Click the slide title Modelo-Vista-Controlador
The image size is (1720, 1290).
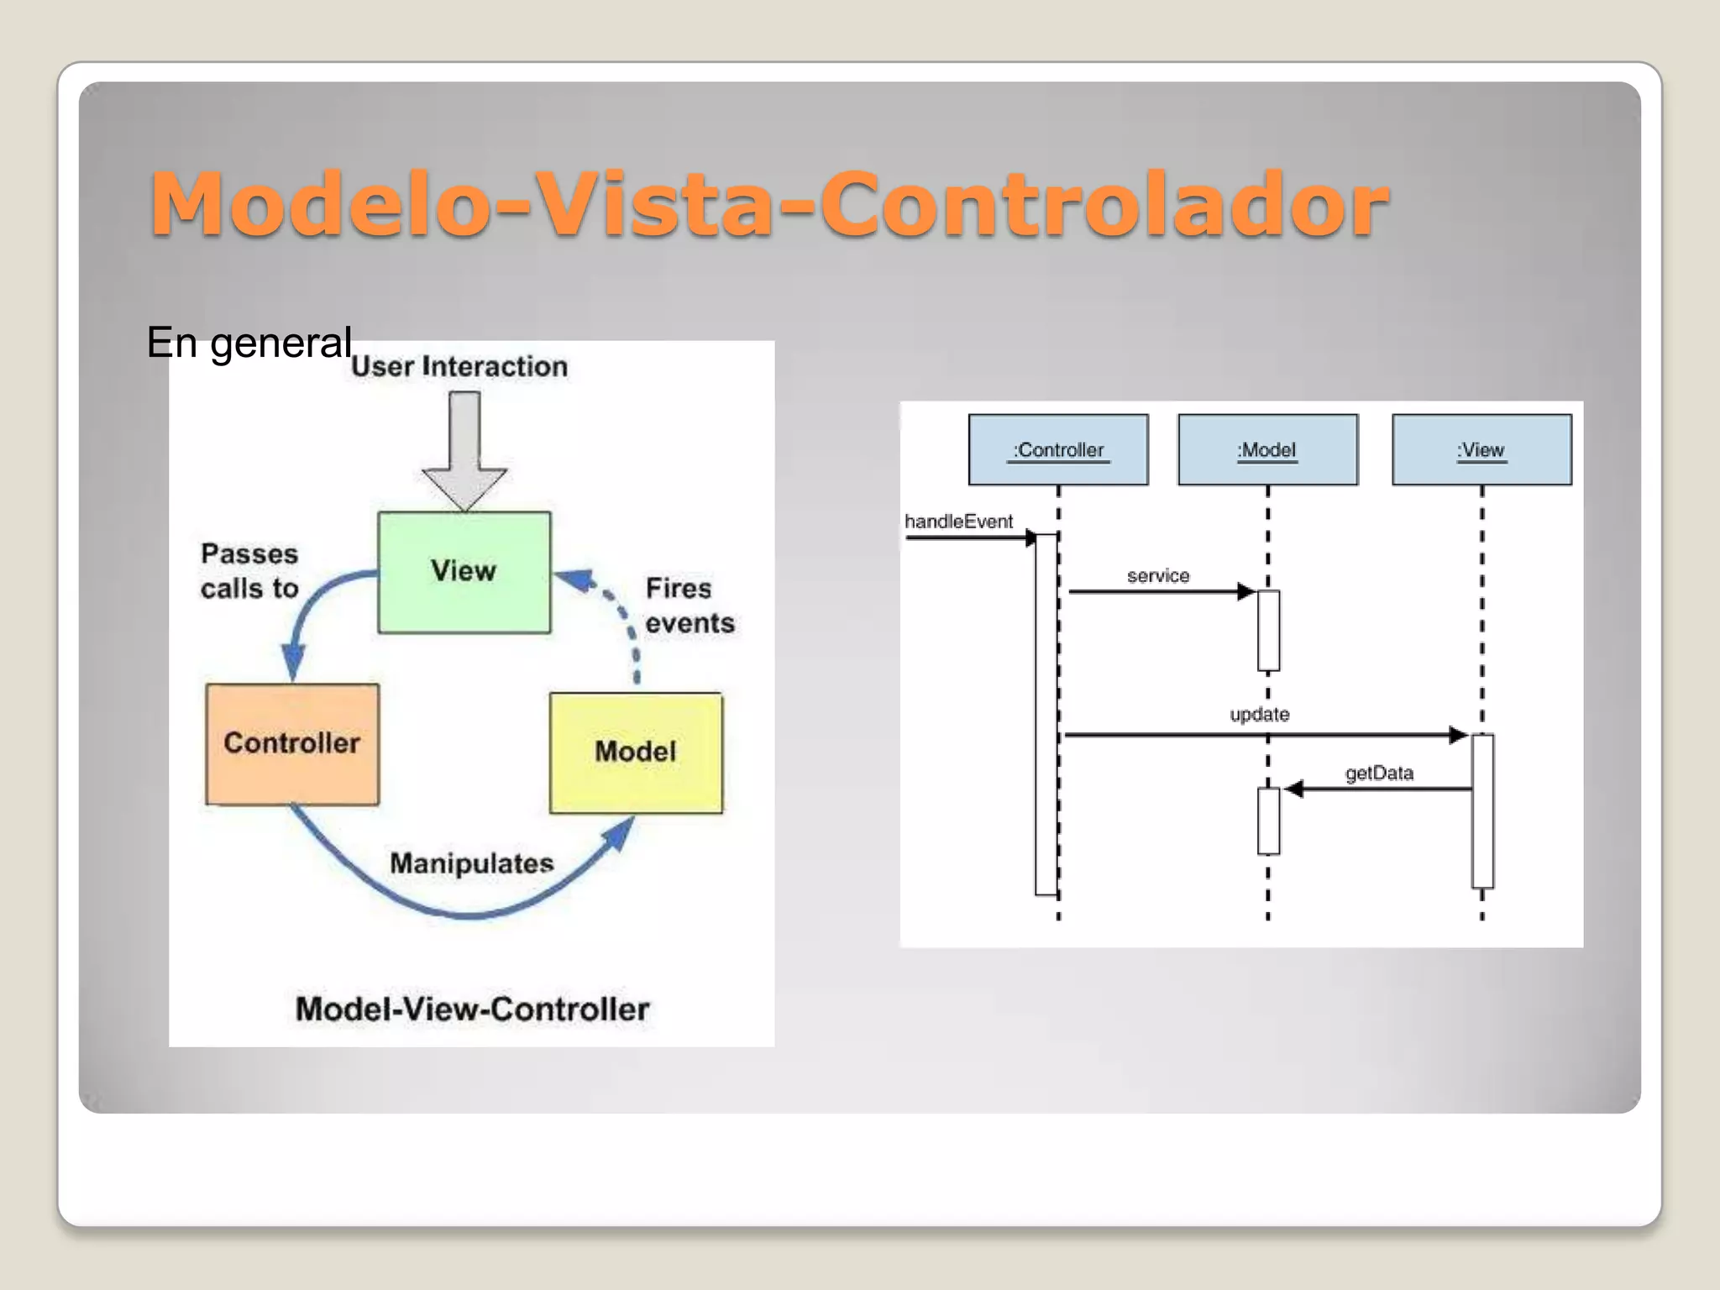point(768,204)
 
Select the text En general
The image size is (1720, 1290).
point(249,343)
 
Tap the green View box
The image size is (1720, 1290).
point(464,572)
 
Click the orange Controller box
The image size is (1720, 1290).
point(291,744)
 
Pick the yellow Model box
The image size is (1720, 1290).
point(636,752)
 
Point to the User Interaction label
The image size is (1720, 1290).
point(459,366)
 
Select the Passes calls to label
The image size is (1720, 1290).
point(249,571)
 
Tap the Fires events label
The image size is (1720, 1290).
point(690,606)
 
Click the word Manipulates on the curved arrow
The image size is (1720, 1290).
point(471,863)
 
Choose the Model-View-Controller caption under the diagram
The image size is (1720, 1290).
point(472,1009)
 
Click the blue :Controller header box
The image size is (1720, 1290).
point(1058,450)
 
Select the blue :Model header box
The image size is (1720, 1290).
point(1267,450)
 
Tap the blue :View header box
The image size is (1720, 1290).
point(1481,450)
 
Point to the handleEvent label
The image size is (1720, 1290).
point(958,522)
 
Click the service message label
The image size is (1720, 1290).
point(1158,576)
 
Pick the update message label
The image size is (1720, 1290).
point(1259,715)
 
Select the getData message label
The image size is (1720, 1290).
point(1379,773)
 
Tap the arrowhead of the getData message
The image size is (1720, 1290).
point(1294,789)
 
